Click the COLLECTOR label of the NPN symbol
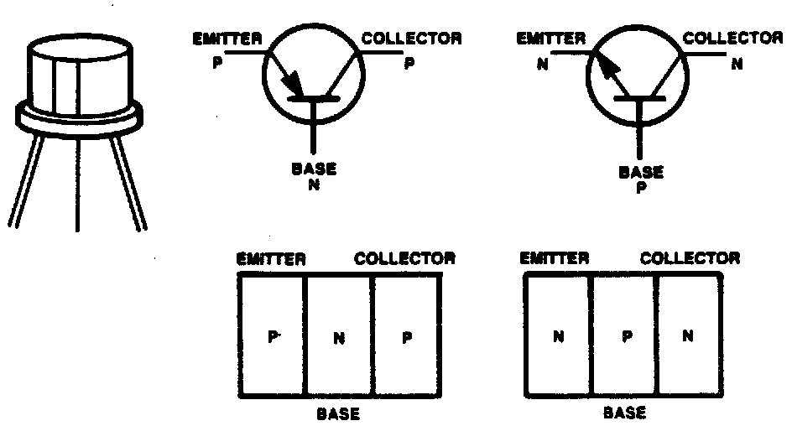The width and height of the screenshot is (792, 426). (727, 38)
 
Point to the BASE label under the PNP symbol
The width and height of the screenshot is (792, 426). (314, 168)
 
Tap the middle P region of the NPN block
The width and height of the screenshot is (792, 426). (624, 336)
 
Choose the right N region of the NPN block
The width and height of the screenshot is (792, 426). (687, 336)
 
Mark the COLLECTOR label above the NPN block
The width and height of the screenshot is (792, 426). (690, 258)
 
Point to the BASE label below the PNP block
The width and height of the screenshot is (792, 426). (338, 413)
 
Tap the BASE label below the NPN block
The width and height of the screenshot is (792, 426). (625, 412)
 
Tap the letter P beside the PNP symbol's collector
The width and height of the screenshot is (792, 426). (409, 62)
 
